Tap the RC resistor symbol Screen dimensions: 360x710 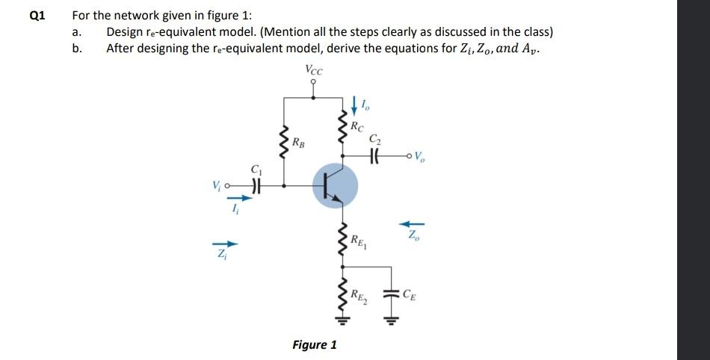click(x=343, y=128)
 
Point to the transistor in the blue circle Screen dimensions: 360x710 click(x=333, y=185)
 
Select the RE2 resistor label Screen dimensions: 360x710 click(x=360, y=296)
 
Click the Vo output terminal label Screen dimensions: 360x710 click(x=420, y=158)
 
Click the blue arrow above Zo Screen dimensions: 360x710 click(x=414, y=222)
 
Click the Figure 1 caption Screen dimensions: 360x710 click(x=314, y=344)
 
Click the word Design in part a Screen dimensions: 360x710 click(x=126, y=32)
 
